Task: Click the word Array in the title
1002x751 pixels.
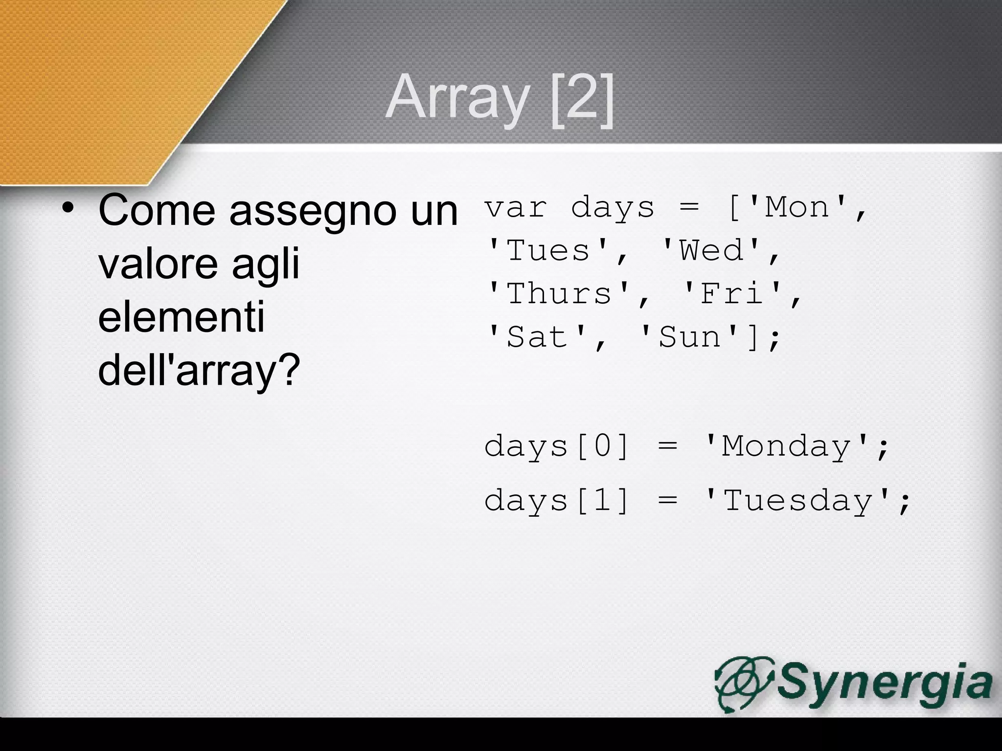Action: [457, 98]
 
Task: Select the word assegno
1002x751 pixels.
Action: [313, 211]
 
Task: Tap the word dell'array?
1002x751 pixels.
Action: [198, 371]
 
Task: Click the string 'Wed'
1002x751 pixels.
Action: [712, 251]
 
